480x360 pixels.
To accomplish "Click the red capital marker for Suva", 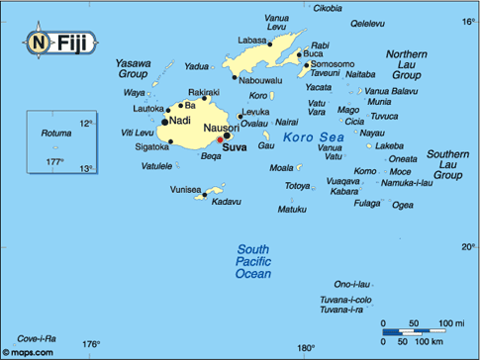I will (220, 139).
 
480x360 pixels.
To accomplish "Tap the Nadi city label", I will (180, 121).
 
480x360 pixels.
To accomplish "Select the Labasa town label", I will (252, 40).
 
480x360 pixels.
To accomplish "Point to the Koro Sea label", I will (310, 138).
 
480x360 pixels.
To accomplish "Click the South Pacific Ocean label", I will (252, 261).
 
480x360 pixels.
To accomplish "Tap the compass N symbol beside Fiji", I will (37, 43).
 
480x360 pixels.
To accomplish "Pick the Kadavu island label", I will (227, 202).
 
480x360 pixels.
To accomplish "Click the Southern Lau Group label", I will (448, 164).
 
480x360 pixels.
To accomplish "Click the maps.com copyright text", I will (27, 351).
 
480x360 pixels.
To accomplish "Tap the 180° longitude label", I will (305, 347).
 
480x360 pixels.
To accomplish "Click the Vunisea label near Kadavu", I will (185, 188).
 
